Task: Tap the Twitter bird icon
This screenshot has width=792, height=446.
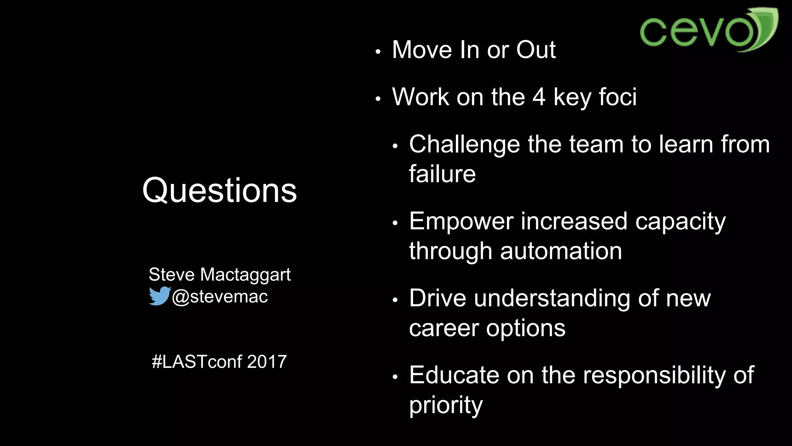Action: tap(159, 296)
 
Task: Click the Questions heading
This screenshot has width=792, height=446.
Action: tap(219, 190)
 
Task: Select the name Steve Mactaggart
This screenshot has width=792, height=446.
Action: tap(219, 274)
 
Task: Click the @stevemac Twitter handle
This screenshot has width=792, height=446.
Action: tap(220, 297)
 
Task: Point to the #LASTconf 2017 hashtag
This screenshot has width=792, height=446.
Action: tap(219, 362)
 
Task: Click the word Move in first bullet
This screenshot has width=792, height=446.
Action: tap(422, 50)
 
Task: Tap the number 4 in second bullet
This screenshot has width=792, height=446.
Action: tap(539, 97)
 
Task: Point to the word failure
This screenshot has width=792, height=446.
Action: tap(442, 174)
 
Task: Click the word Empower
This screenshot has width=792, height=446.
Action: tap(461, 221)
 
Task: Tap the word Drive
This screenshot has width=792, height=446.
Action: tap(437, 298)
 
